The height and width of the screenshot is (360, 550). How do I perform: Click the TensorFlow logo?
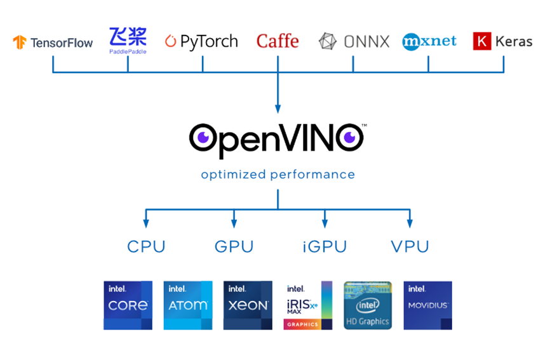(53, 43)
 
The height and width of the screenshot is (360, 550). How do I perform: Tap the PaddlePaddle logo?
(128, 40)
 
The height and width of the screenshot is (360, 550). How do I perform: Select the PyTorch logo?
(201, 42)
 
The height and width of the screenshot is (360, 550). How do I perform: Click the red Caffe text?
(278, 42)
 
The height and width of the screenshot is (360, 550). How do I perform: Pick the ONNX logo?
(354, 42)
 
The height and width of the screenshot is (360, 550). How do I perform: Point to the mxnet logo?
(429, 42)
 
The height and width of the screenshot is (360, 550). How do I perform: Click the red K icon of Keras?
(482, 42)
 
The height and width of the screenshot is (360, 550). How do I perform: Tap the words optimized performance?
(278, 175)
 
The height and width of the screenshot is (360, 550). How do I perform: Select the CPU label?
(146, 247)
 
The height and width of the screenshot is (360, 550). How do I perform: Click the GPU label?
(234, 247)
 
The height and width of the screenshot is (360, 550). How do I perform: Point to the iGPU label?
(324, 247)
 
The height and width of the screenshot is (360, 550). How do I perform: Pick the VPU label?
(410, 247)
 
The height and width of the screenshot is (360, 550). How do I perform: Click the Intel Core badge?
(128, 305)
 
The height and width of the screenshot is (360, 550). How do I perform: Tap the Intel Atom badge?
(188, 305)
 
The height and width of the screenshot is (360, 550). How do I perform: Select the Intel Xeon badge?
(248, 305)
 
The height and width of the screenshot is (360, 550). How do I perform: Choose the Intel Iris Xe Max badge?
(307, 305)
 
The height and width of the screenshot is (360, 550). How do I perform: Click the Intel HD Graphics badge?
(368, 305)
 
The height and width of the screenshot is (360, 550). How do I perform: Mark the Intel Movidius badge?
(427, 305)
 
